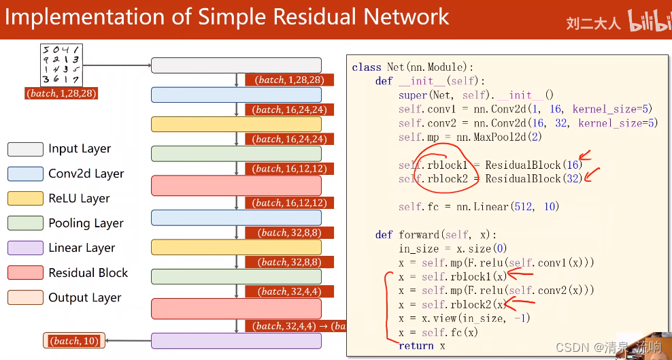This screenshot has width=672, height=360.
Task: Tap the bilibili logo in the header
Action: click(649, 21)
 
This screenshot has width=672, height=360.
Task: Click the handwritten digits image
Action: click(61, 65)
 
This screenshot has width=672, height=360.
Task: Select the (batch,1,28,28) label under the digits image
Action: click(61, 93)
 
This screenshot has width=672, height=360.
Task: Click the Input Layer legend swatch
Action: click(25, 149)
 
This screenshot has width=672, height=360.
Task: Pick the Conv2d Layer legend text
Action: click(86, 174)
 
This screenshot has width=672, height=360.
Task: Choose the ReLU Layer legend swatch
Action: click(25, 199)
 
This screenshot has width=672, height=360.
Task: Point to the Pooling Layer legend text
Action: click(86, 223)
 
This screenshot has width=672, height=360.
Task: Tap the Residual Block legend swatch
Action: click(25, 273)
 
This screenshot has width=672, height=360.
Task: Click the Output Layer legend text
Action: click(85, 297)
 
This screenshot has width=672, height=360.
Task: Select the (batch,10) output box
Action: click(74, 341)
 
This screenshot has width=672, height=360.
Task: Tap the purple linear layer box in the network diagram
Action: click(236, 341)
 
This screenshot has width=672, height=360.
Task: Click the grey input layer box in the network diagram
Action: click(236, 65)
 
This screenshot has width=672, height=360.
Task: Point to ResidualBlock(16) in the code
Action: click(533, 165)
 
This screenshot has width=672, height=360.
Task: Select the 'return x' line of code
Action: click(422, 346)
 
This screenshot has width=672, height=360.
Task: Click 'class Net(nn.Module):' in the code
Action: click(412, 67)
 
